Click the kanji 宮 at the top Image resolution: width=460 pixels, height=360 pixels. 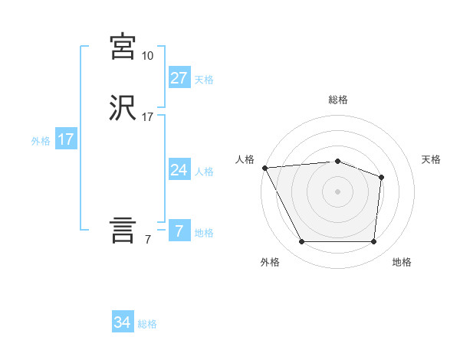click(x=123, y=47)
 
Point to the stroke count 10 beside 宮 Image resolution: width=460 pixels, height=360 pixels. click(x=148, y=56)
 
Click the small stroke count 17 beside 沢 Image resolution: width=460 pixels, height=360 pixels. click(x=148, y=117)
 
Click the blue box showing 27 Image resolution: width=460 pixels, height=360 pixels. click(x=179, y=77)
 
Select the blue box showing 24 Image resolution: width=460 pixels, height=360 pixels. click(x=179, y=170)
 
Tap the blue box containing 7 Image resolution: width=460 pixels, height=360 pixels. click(x=179, y=231)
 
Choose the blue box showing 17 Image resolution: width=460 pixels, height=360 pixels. click(x=65, y=139)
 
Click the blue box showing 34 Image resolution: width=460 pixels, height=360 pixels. click(x=122, y=323)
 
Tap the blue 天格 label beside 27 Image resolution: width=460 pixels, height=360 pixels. click(x=204, y=79)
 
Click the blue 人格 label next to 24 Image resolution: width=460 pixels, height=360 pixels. click(x=204, y=171)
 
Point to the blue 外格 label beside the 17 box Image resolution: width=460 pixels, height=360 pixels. click(x=41, y=141)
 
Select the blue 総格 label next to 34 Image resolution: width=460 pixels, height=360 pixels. click(x=147, y=324)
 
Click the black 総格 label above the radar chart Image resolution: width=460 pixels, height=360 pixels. click(x=337, y=100)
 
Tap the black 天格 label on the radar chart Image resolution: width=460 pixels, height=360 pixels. click(x=431, y=159)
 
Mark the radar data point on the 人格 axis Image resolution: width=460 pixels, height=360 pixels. click(x=264, y=168)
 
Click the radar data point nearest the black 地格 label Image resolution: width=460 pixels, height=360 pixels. click(x=373, y=242)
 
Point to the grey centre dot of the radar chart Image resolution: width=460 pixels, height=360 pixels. click(x=337, y=191)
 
